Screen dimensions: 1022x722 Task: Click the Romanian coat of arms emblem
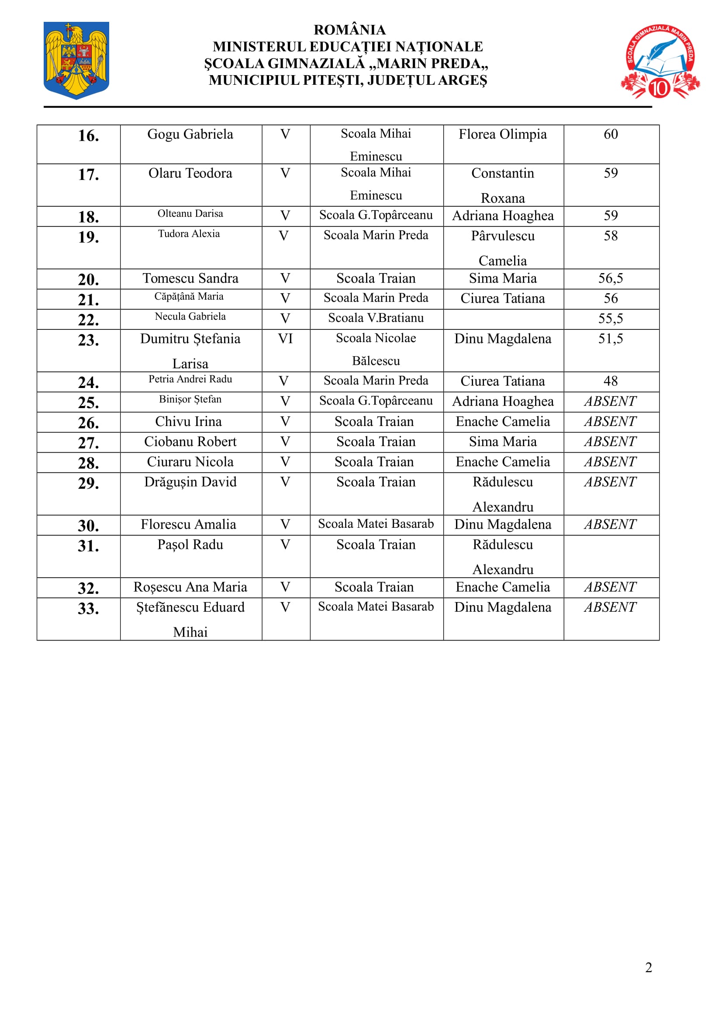pos(76,60)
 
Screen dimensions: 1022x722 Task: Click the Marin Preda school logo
pos(660,62)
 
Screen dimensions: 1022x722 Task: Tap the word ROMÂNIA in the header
pos(350,30)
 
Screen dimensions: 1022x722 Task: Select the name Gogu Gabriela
pos(190,135)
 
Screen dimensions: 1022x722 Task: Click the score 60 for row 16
pos(610,135)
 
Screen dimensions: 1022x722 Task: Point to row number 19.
pos(89,237)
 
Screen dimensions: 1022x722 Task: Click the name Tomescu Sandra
pos(190,279)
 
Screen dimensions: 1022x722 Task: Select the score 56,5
pos(610,279)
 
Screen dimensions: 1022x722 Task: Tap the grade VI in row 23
pos(285,339)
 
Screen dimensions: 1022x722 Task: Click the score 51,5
pos(610,339)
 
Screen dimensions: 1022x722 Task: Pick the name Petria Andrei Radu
pos(190,379)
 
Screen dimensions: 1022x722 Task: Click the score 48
pos(610,381)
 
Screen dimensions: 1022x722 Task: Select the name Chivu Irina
pos(188,422)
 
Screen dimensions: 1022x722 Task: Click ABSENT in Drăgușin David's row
pos(610,482)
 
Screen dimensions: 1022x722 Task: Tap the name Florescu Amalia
pos(188,525)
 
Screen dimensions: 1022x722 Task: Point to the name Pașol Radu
pos(190,545)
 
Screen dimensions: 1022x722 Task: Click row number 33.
pos(89,609)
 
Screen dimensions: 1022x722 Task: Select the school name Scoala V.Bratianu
pos(376,318)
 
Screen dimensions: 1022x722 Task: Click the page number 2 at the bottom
pos(649,968)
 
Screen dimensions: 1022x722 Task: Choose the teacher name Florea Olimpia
pos(503,135)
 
